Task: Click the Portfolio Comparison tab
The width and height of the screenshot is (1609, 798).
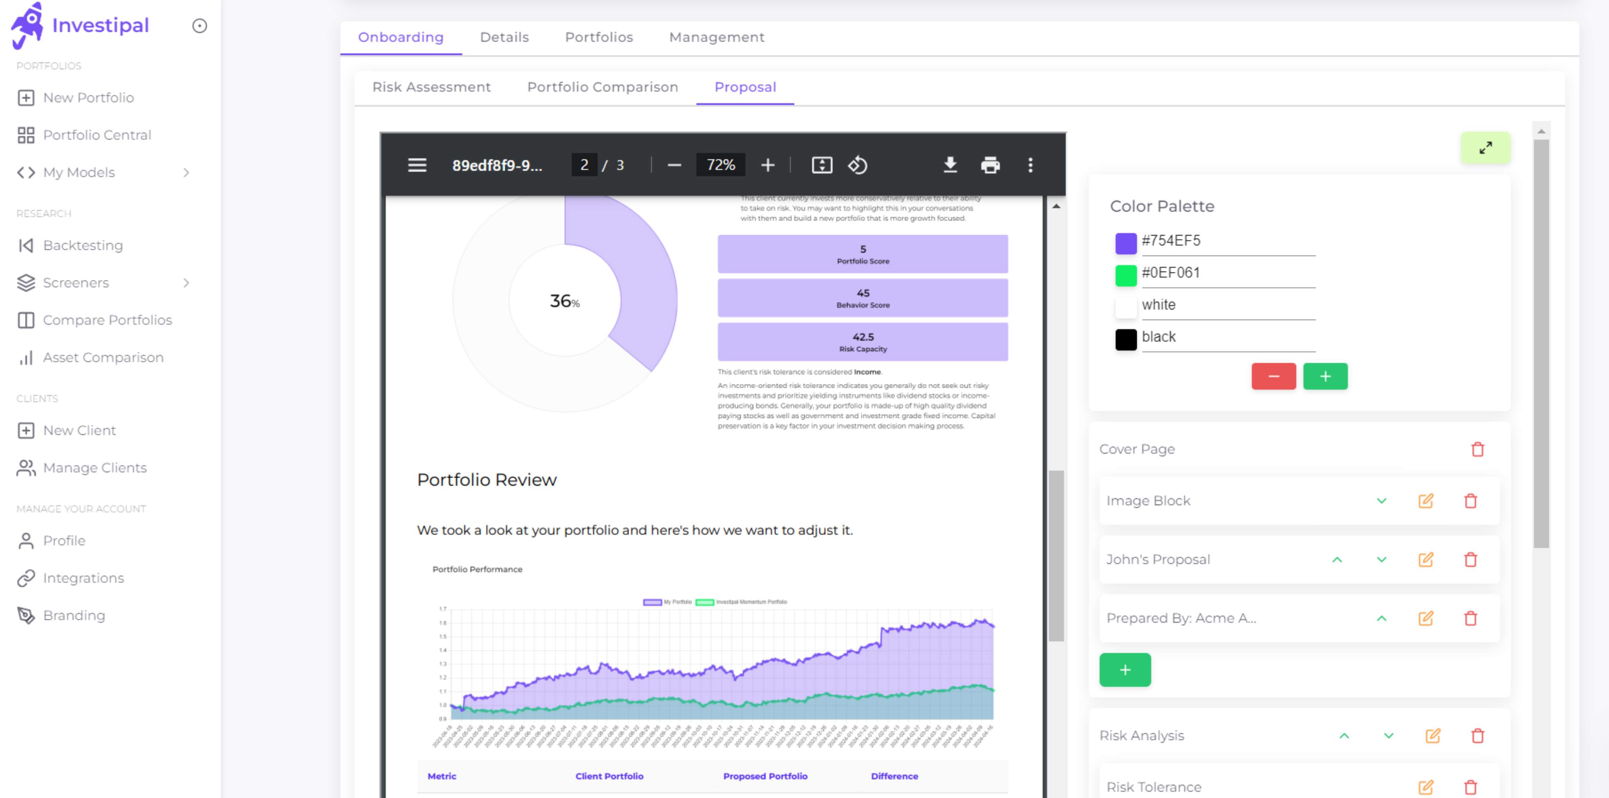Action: [x=602, y=87]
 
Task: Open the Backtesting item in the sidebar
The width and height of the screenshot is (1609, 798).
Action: [x=83, y=245]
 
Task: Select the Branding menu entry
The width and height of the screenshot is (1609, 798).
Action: [x=74, y=616]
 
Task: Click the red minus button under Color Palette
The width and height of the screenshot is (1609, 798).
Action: [x=1273, y=377]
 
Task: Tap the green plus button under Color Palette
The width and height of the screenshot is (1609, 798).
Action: [x=1325, y=377]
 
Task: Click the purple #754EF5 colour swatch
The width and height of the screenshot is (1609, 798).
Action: [x=1125, y=243]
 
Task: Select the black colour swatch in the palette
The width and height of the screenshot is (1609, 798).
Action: [x=1125, y=340]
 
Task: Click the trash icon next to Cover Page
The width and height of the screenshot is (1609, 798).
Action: [x=1477, y=450]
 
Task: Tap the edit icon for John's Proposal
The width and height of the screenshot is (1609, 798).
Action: [x=1425, y=559]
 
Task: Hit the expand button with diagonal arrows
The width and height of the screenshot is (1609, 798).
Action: [x=1485, y=148]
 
